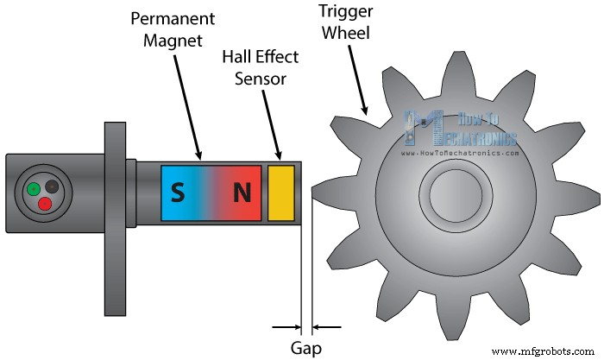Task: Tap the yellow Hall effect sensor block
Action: pyautogui.click(x=281, y=192)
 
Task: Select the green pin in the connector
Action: pyautogui.click(x=32, y=189)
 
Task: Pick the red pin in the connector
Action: pyautogui.click(x=46, y=204)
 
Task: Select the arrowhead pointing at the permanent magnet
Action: pyautogui.click(x=200, y=155)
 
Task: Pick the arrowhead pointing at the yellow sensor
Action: pyautogui.click(x=278, y=156)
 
